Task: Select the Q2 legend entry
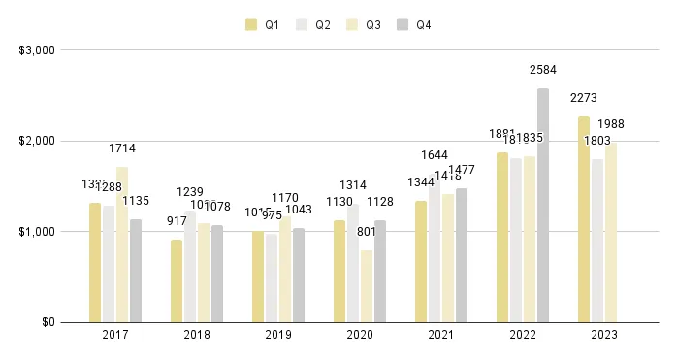click(314, 24)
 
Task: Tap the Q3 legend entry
click(366, 24)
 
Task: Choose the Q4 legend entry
click(415, 24)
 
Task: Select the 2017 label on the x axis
click(115, 335)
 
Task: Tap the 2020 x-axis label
click(360, 335)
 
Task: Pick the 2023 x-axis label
click(604, 335)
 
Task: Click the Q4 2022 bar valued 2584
click(543, 205)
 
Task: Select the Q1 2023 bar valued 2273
click(584, 219)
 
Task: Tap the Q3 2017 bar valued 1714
click(122, 245)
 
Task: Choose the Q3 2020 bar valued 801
click(367, 286)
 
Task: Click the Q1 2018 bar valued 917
click(177, 280)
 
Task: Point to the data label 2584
click(543, 70)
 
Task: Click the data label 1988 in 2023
click(611, 123)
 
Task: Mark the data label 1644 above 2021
click(435, 154)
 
